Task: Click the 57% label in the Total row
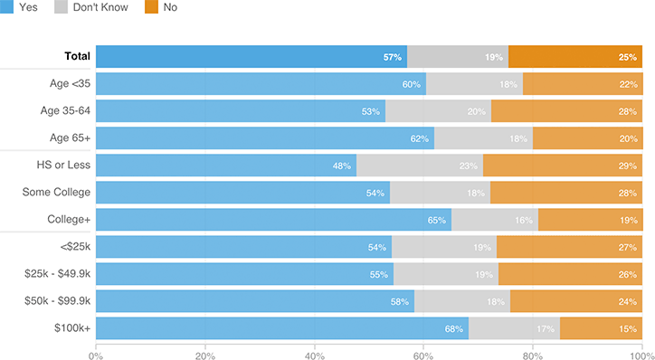[392, 57]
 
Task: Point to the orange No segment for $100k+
[601, 328]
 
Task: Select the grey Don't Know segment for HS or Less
[420, 166]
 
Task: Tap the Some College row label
[56, 193]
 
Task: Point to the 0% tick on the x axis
[96, 355]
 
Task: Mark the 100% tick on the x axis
[641, 355]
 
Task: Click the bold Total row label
[77, 56]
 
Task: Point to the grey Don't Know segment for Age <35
[474, 84]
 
